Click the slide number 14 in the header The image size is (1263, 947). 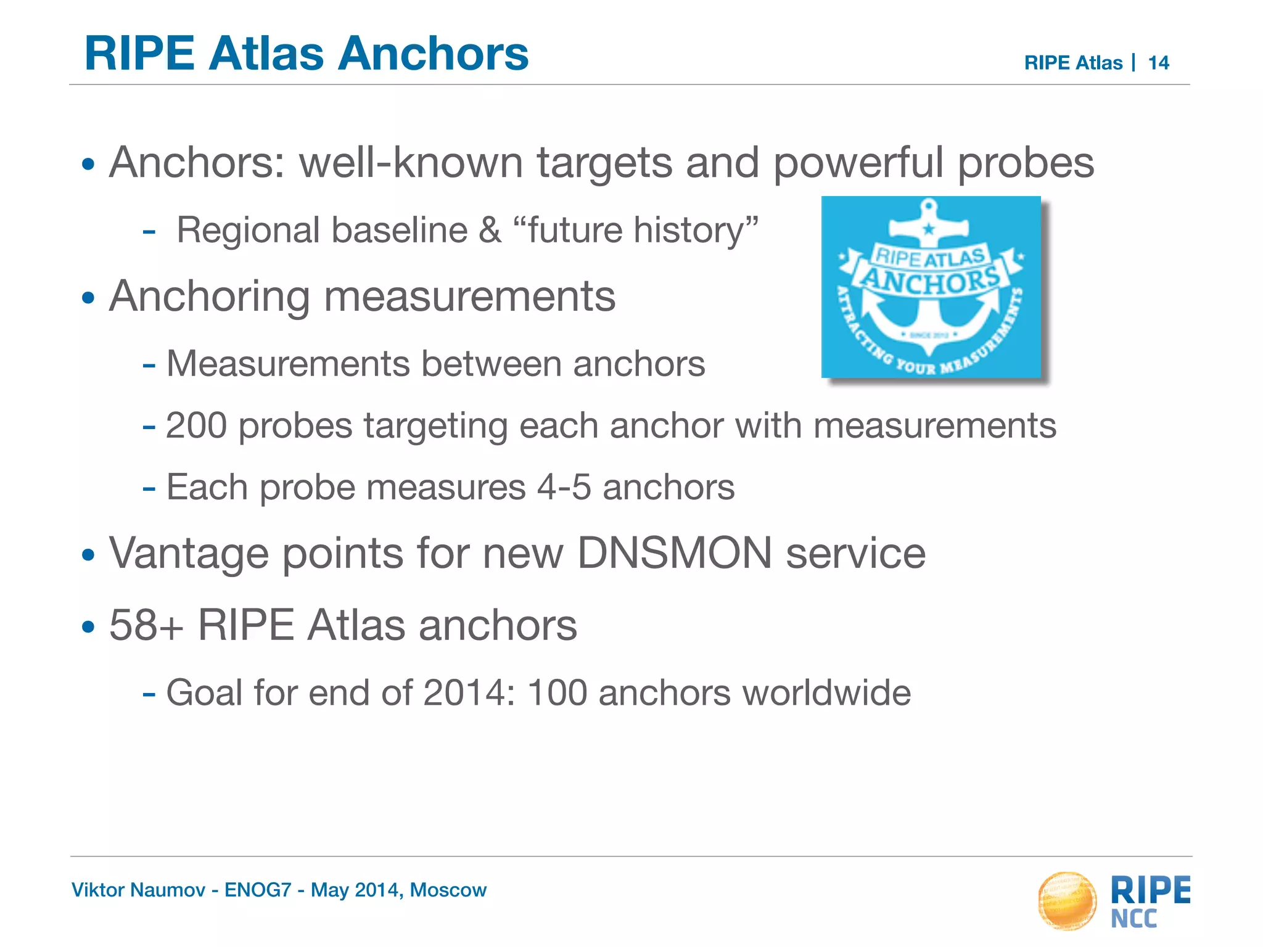click(1158, 63)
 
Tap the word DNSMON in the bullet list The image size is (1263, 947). click(674, 553)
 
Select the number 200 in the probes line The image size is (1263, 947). click(196, 425)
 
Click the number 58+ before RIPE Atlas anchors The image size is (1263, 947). click(146, 626)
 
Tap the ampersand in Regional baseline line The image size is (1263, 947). click(490, 231)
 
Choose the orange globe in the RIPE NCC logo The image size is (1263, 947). click(1068, 900)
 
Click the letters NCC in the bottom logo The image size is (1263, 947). click(1134, 919)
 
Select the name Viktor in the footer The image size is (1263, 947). click(93, 890)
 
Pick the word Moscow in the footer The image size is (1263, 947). click(448, 890)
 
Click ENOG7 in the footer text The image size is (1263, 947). click(258, 890)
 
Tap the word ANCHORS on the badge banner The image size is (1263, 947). click(930, 281)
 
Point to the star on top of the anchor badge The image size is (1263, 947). click(929, 229)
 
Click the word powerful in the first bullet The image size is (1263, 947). click(858, 163)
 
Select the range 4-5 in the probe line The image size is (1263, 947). click(564, 487)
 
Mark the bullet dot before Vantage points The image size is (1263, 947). click(89, 555)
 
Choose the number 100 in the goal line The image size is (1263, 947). click(557, 692)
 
